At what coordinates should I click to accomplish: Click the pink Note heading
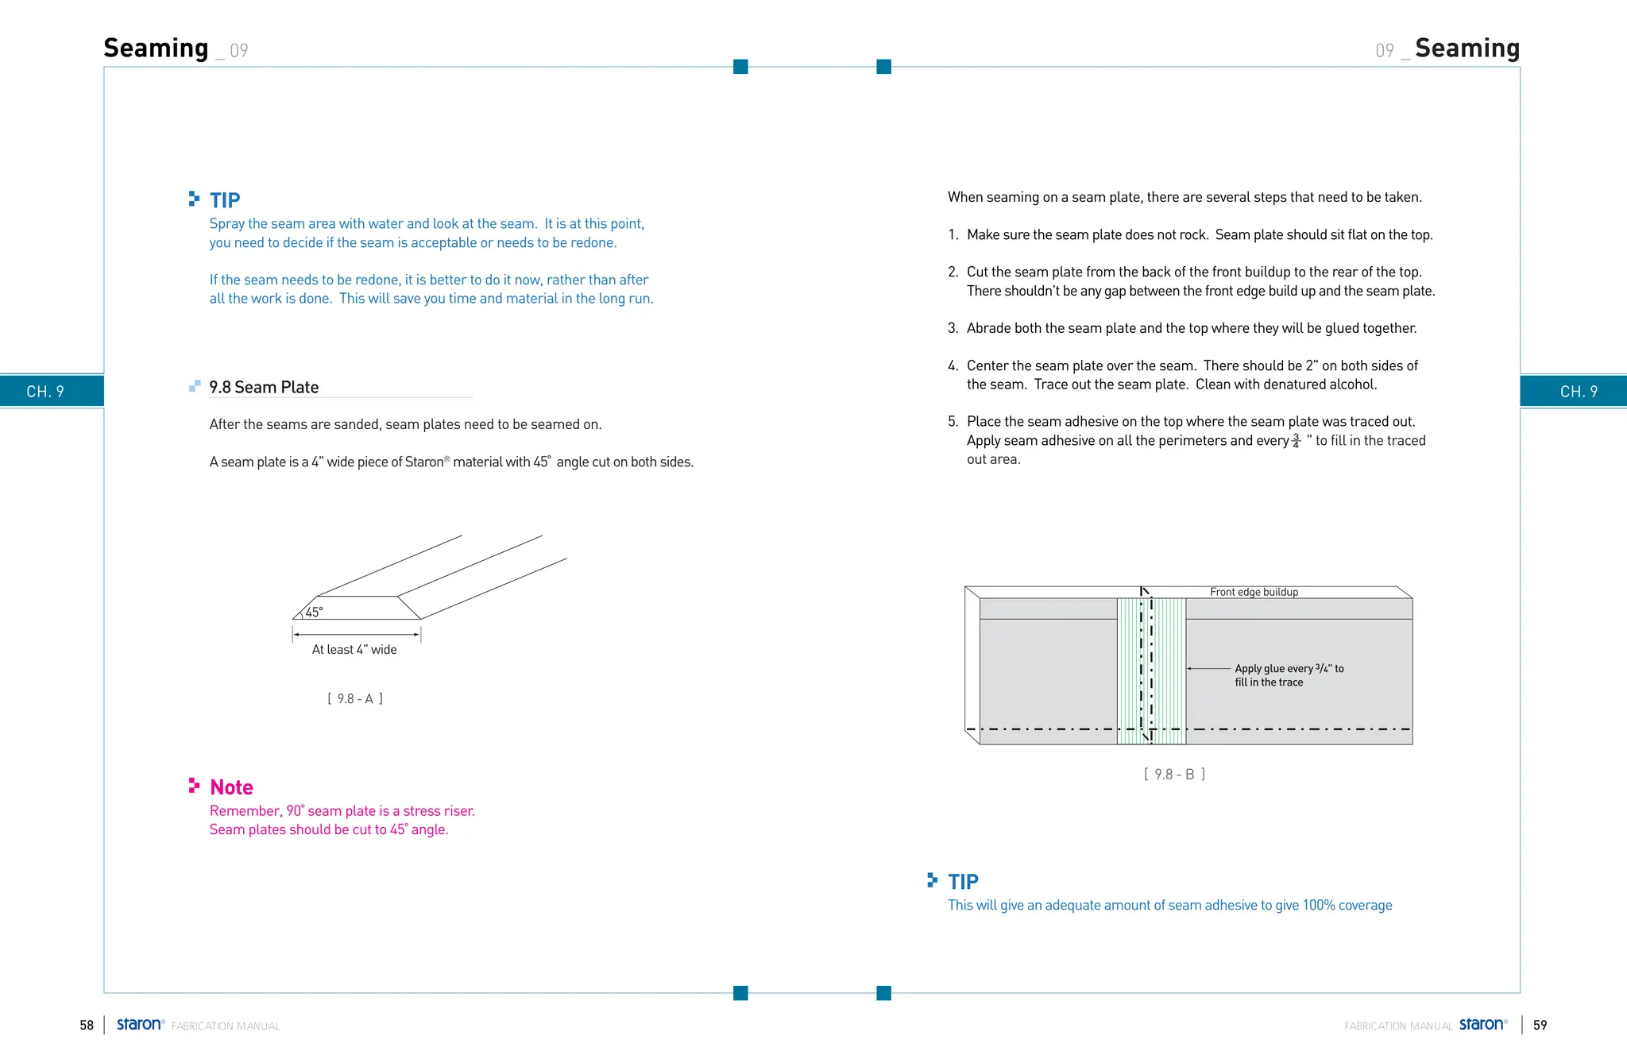pyautogui.click(x=231, y=787)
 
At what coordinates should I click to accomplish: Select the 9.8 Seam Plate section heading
pyautogui.click(x=264, y=388)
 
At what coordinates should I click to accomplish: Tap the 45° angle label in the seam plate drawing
pyautogui.click(x=314, y=613)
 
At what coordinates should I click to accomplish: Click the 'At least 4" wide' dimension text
pyautogui.click(x=354, y=650)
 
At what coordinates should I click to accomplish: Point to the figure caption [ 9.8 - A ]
pyautogui.click(x=355, y=699)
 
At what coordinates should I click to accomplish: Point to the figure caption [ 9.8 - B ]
pyautogui.click(x=1174, y=775)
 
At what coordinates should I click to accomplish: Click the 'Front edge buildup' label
pyautogui.click(x=1254, y=592)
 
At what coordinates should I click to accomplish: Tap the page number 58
pyautogui.click(x=87, y=1026)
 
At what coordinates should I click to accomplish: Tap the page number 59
pyautogui.click(x=1540, y=1026)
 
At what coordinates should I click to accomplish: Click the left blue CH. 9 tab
pyautogui.click(x=45, y=392)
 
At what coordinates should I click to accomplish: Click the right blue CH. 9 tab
pyautogui.click(x=1578, y=392)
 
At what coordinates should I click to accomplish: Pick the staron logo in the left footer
pyautogui.click(x=140, y=1025)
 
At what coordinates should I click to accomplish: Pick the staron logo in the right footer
pyautogui.click(x=1482, y=1025)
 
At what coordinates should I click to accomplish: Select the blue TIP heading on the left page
pyautogui.click(x=225, y=200)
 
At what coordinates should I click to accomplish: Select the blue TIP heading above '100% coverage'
pyautogui.click(x=963, y=882)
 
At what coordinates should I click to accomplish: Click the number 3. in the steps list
pyautogui.click(x=953, y=329)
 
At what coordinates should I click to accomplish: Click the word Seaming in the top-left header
pyautogui.click(x=156, y=48)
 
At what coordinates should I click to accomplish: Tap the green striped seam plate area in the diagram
pyautogui.click(x=1169, y=671)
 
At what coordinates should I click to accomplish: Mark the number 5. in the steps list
pyautogui.click(x=953, y=422)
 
